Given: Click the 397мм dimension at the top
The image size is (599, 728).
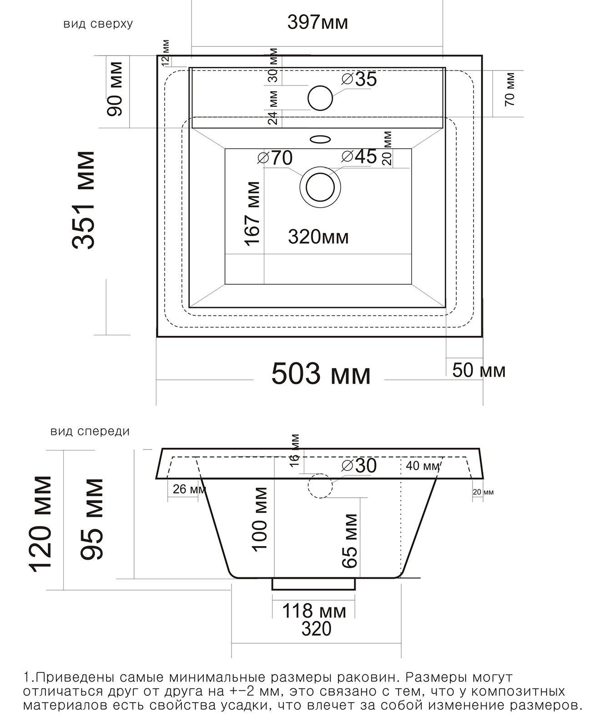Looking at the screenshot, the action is (x=317, y=23).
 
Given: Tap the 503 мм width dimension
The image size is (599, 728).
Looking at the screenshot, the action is (x=321, y=374).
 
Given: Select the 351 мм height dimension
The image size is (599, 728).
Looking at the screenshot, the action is (x=84, y=200).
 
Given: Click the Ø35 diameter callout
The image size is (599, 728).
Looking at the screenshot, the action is (x=359, y=79).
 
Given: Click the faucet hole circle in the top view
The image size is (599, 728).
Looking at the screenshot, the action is (x=320, y=98).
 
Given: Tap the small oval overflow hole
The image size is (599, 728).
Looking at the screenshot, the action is (x=321, y=139).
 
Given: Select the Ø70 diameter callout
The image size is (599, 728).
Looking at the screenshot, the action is (x=275, y=158).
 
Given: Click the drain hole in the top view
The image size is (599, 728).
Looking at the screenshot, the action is (x=320, y=187).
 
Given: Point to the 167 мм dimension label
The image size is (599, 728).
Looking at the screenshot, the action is (x=252, y=214).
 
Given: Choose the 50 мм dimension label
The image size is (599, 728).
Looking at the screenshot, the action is (x=478, y=370).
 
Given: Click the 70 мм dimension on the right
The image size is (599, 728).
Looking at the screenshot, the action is (x=510, y=89).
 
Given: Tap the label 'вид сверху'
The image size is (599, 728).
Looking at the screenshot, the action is (x=98, y=24).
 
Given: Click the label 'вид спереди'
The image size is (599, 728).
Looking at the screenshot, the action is (x=90, y=431).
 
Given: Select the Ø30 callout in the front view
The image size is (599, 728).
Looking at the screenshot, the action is (x=359, y=465).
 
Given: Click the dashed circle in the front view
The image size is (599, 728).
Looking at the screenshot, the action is (x=320, y=485).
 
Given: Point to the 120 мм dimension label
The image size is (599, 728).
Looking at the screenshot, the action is (x=41, y=524).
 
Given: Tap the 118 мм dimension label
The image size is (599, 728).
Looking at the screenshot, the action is (x=314, y=612).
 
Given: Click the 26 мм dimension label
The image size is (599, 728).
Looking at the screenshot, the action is (x=189, y=489).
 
